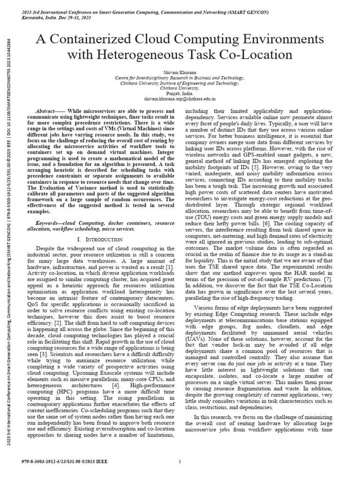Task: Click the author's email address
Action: click(x=180, y=99)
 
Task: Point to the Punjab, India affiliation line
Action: click(x=180, y=93)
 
